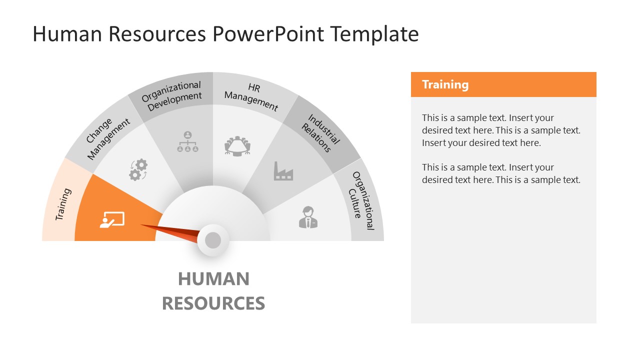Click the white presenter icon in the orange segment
112,220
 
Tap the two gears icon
138,169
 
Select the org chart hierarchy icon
187,141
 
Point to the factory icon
283,171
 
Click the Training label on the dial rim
63,204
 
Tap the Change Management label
108,138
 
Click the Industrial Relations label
320,132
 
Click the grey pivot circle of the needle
213,240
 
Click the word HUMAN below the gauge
213,279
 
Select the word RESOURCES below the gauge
213,303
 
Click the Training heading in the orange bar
445,84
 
